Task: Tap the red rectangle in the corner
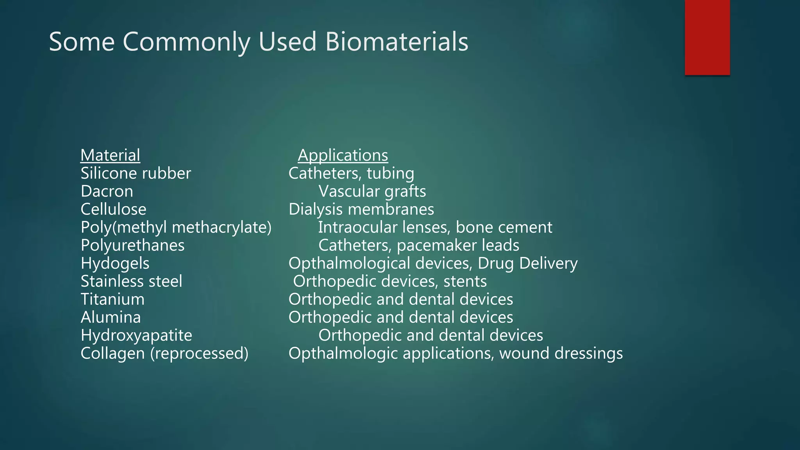coord(707,37)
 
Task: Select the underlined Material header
coord(110,155)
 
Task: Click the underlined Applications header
coord(343,155)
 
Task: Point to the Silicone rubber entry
coord(136,173)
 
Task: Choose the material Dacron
coord(107,191)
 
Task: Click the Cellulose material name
coord(113,209)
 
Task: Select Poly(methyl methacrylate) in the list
coord(176,227)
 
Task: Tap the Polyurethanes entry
coord(132,245)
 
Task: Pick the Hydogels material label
coord(115,263)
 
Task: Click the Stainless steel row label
coord(131,281)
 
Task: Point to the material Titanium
coord(112,299)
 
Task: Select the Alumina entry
coord(111,317)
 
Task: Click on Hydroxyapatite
coord(136,335)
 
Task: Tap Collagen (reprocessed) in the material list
coord(164,353)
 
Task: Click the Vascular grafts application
coord(372,191)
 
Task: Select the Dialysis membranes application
coord(361,209)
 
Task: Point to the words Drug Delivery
coord(527,263)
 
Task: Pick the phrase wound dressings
coord(561,353)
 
